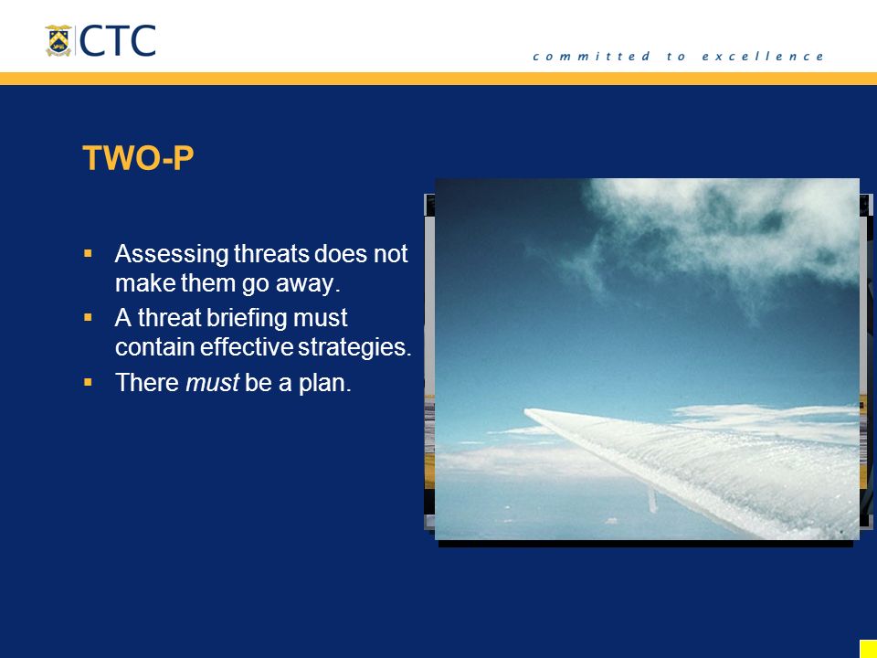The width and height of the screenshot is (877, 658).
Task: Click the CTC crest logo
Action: (58, 40)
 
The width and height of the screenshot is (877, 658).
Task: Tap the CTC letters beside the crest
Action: (118, 40)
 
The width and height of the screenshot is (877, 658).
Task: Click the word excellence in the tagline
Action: (762, 56)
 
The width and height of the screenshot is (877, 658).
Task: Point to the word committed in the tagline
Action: (591, 56)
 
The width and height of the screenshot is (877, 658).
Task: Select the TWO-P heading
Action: (138, 158)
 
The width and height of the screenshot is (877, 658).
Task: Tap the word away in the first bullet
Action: (308, 283)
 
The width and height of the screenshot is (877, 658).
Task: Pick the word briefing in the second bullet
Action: (246, 318)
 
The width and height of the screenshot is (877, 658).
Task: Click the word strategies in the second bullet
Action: (354, 347)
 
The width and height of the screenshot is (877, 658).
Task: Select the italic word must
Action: (213, 383)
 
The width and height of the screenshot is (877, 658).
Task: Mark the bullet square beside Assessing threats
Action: (88, 253)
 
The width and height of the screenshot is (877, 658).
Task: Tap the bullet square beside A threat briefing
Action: (88, 317)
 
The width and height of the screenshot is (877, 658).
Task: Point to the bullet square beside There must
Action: (88, 382)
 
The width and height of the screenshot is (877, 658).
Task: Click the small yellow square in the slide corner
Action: (869, 649)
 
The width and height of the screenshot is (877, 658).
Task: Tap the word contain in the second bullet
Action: (155, 347)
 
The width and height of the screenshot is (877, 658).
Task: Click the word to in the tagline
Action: (676, 56)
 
